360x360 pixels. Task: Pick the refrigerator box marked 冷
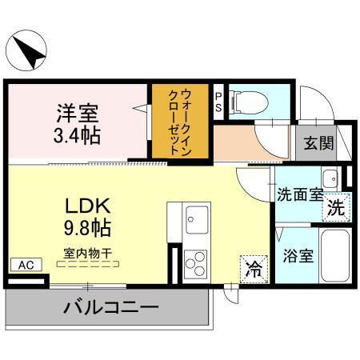pyautogui.click(x=254, y=267)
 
